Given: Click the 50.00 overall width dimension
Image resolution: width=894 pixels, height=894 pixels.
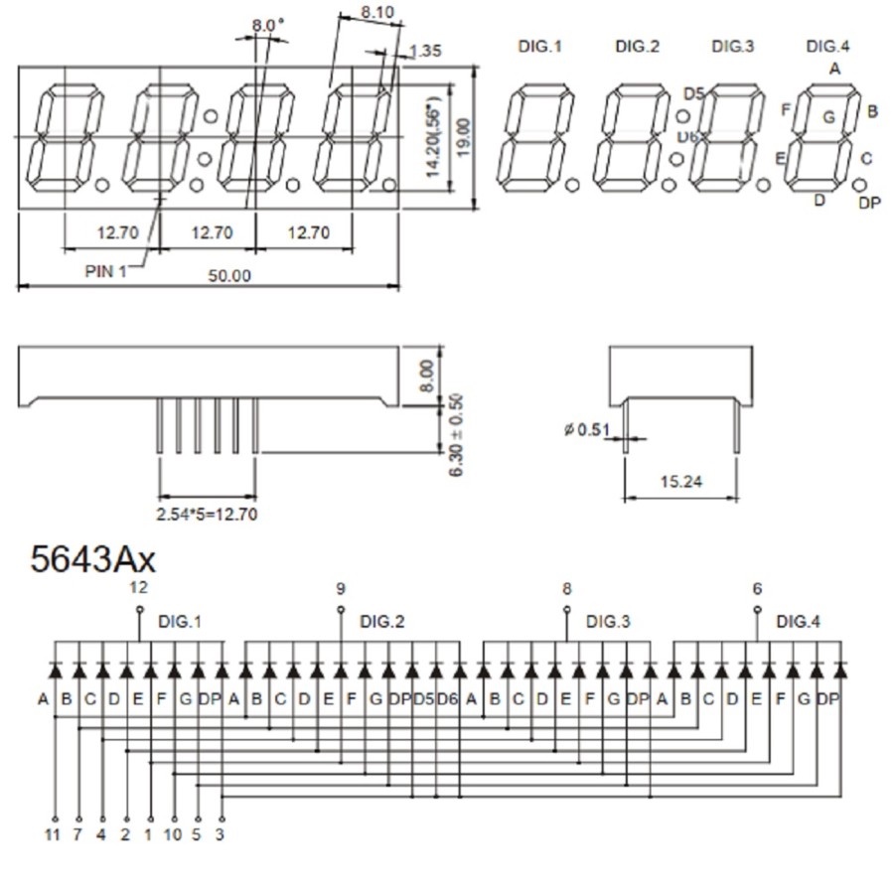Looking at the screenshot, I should pyautogui.click(x=228, y=275).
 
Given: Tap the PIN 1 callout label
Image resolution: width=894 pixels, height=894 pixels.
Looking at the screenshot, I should pyautogui.click(x=105, y=270).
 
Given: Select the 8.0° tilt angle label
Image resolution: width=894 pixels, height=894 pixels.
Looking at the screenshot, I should pyautogui.click(x=267, y=24).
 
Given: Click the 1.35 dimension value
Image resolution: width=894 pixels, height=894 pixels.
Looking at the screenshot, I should pyautogui.click(x=425, y=51).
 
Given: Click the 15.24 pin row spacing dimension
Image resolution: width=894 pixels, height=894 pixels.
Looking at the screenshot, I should pyautogui.click(x=680, y=482).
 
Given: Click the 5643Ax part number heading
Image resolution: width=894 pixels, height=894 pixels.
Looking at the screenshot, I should pyautogui.click(x=93, y=559).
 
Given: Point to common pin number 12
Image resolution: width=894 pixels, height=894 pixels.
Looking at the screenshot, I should pyautogui.click(x=138, y=588).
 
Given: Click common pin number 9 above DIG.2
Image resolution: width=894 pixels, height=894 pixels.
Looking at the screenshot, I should pyautogui.click(x=342, y=588).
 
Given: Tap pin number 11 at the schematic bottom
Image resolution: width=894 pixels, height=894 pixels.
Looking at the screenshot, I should pyautogui.click(x=54, y=834).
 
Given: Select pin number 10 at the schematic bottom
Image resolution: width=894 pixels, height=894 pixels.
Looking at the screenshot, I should pyautogui.click(x=173, y=834).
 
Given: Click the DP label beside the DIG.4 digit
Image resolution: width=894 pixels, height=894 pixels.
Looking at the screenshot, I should pyautogui.click(x=869, y=203).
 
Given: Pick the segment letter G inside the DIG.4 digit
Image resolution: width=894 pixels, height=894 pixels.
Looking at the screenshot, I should pyautogui.click(x=827, y=116).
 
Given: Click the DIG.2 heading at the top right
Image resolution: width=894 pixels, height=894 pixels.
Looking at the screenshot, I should pyautogui.click(x=637, y=46).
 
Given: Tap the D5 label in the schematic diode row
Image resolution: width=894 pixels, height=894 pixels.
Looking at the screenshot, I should pyautogui.click(x=423, y=699).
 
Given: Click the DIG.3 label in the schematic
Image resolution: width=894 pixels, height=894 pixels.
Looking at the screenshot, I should pyautogui.click(x=608, y=622).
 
